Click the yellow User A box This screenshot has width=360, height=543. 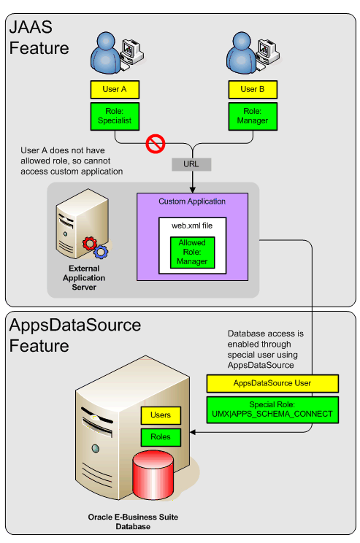114,90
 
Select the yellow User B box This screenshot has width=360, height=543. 253,90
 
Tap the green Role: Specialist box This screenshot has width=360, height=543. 114,115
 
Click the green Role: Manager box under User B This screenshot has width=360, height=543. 253,115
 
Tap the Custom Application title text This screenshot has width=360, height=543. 192,201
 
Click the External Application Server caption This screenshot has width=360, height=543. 83,278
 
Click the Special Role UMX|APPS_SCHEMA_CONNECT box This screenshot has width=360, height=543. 272,408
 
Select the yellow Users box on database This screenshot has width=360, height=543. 161,415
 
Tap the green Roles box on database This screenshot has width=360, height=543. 161,437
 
